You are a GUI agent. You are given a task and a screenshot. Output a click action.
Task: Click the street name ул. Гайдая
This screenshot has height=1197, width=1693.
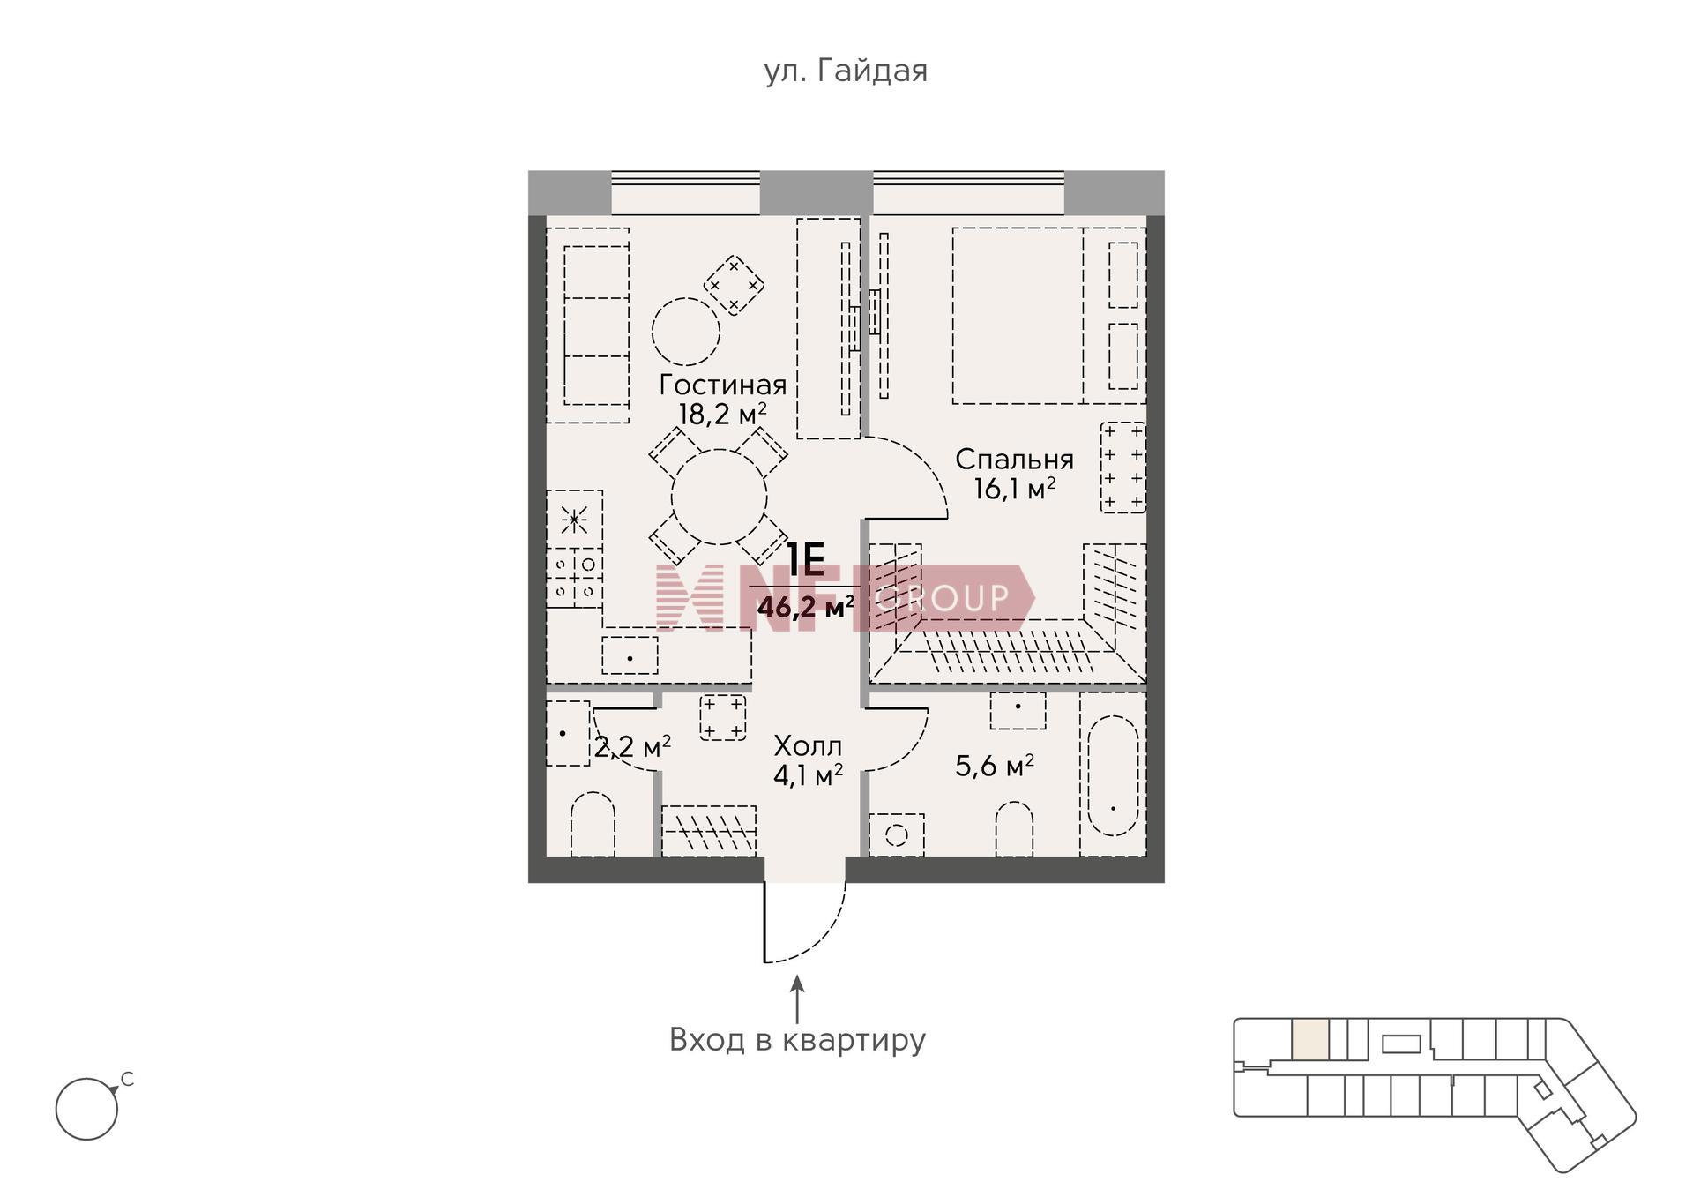tap(846, 71)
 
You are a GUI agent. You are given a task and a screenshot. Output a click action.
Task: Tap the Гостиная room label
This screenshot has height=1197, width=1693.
tap(723, 385)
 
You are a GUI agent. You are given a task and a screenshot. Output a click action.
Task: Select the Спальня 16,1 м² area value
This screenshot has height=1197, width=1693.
tap(1014, 489)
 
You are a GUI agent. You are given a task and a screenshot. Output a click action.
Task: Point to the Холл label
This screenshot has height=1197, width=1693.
tap(808, 746)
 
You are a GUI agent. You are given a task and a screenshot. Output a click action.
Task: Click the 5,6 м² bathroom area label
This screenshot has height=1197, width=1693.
tap(995, 766)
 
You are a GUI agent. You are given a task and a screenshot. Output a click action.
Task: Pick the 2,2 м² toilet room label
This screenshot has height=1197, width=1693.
tap(632, 748)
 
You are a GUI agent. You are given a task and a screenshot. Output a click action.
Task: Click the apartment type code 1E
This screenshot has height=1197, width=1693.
tap(805, 559)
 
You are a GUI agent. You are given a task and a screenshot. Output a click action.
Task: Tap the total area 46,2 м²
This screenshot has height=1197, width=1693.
tap(806, 607)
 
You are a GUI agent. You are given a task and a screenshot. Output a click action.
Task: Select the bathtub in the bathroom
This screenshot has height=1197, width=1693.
tap(1113, 775)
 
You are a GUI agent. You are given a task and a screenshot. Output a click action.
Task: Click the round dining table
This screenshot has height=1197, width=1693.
tap(720, 497)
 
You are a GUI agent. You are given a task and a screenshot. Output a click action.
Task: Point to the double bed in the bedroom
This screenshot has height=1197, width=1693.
tap(1018, 316)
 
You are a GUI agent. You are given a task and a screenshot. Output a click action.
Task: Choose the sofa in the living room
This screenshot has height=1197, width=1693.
tap(587, 325)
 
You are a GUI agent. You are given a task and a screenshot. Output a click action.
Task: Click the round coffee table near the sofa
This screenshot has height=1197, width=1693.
tap(686, 332)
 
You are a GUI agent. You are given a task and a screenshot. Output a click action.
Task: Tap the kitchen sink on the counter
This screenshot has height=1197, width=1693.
tap(630, 656)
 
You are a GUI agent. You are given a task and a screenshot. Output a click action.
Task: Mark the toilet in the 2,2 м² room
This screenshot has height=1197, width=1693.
tap(593, 825)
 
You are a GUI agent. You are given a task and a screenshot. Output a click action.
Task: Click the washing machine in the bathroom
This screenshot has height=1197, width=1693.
tap(897, 834)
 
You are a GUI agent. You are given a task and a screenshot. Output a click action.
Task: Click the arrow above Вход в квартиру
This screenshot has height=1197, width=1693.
tap(797, 999)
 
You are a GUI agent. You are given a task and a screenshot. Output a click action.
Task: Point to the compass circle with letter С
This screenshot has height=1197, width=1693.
tap(86, 1109)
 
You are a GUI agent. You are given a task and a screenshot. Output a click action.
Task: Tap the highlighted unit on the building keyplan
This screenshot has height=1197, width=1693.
tap(1310, 1039)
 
